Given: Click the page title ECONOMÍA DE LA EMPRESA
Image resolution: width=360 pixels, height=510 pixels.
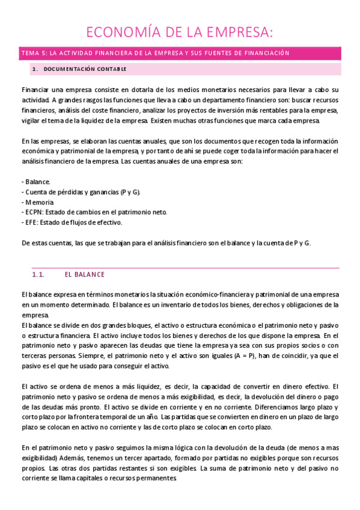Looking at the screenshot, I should [x=180, y=32].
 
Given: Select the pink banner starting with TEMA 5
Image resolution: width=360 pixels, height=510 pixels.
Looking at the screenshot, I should [x=155, y=53].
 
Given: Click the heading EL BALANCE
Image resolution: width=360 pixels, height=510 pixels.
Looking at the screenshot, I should [x=84, y=274].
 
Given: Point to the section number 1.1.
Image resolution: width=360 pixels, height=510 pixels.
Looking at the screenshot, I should [x=38, y=274].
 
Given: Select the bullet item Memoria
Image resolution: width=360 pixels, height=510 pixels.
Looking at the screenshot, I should [x=39, y=201].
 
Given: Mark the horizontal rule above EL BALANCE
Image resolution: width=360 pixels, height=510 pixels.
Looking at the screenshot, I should [x=180, y=268].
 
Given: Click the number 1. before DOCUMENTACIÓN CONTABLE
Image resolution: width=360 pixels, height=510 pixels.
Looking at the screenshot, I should [x=35, y=69].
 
